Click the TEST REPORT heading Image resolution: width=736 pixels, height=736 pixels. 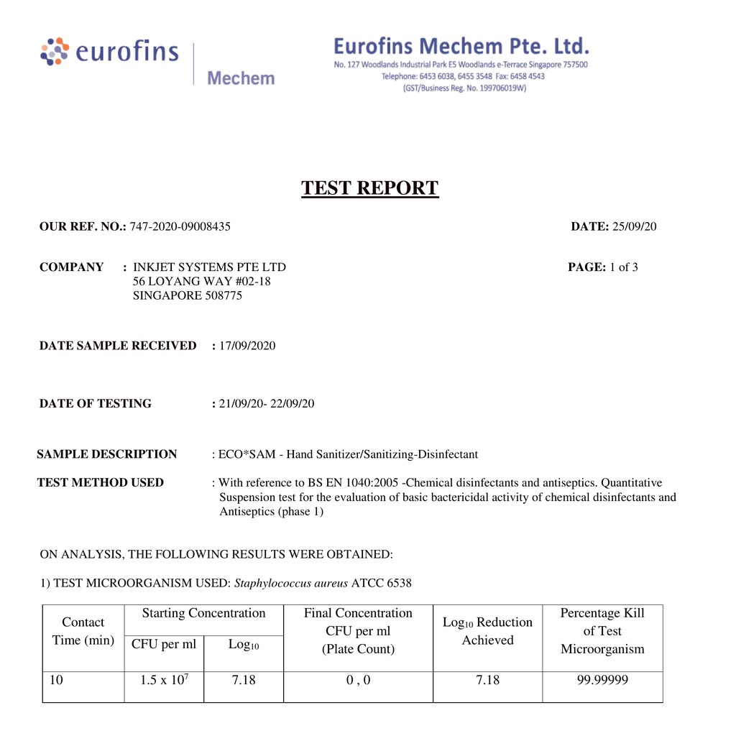[369, 188]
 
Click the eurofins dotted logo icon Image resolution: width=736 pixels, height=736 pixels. [55, 51]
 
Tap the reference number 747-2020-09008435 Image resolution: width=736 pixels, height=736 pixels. [180, 227]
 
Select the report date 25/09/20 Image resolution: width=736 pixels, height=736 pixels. [634, 227]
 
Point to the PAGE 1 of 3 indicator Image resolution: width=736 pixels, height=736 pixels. [602, 267]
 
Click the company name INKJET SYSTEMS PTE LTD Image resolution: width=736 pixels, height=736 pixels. [209, 267]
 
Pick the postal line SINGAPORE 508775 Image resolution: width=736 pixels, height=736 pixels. [188, 295]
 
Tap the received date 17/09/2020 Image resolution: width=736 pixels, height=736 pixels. [247, 346]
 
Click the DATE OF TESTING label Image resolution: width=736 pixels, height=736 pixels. [96, 404]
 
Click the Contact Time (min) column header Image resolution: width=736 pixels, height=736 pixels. [83, 631]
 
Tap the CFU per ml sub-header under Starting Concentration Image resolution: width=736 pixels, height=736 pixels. [164, 644]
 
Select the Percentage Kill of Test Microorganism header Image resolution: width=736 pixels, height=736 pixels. [602, 631]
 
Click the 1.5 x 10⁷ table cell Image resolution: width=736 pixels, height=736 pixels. [164, 680]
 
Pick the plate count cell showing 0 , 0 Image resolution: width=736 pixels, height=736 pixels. [358, 680]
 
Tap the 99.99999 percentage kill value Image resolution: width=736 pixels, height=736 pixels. [602, 680]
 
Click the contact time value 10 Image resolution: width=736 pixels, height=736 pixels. [57, 680]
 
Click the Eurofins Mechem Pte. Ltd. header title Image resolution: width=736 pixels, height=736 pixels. [461, 47]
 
